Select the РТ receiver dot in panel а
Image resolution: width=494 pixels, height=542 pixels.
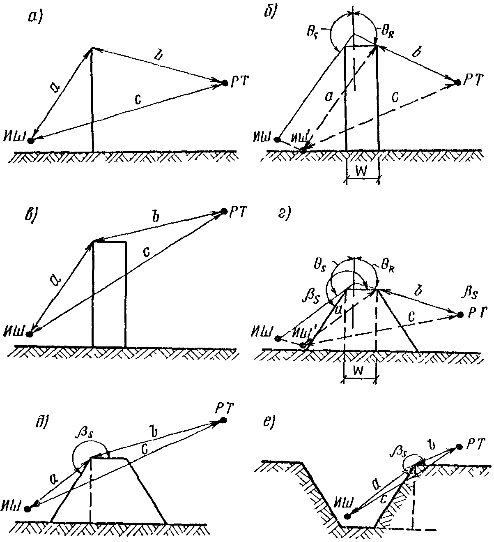pyautogui.click(x=225, y=83)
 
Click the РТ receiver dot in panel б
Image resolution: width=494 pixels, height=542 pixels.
pyautogui.click(x=457, y=83)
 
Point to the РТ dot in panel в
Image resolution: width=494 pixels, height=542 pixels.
pyautogui.click(x=224, y=211)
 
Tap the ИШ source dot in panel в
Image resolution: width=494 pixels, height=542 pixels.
pyautogui.click(x=29, y=334)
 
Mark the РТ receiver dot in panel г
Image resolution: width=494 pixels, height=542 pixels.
pyautogui.click(x=460, y=315)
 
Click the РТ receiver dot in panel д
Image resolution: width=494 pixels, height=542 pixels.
pyautogui.click(x=223, y=420)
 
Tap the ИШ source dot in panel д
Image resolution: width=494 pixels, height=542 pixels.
pyautogui.click(x=28, y=509)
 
